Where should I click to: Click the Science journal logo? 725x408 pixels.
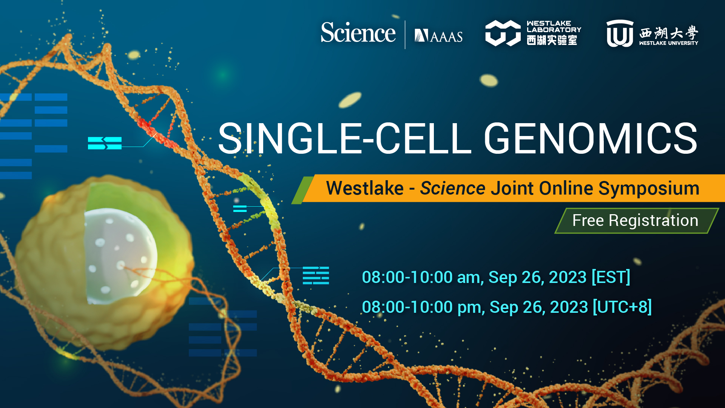(358, 33)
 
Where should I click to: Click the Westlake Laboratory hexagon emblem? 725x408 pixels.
(503, 33)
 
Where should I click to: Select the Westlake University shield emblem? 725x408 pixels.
(620, 34)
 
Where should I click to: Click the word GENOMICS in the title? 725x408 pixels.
(590, 139)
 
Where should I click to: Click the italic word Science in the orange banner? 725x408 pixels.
(452, 188)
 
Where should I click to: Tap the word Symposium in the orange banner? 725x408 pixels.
(649, 188)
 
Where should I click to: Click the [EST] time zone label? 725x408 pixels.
(611, 277)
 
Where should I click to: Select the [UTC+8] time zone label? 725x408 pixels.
(622, 307)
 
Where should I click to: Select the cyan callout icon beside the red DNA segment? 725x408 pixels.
(105, 143)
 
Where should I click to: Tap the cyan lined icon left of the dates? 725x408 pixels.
(316, 275)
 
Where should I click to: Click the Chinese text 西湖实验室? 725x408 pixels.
(552, 40)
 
